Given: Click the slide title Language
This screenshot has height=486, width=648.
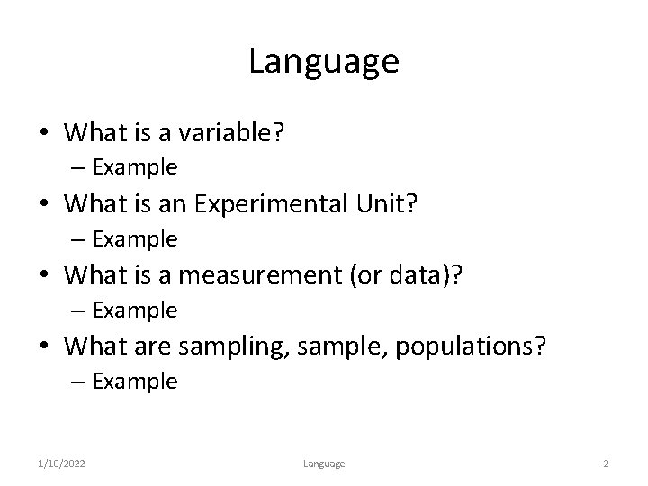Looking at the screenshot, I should tap(323, 62).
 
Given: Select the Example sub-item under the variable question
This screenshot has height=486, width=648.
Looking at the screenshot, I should tap(134, 167).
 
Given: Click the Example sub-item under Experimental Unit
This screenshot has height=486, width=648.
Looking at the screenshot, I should tap(134, 238).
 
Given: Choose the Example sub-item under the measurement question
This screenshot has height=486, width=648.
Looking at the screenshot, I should tap(134, 310).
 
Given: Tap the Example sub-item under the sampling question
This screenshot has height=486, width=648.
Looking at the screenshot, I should tap(134, 382).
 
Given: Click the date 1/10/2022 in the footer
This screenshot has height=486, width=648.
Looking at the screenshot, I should tap(63, 463).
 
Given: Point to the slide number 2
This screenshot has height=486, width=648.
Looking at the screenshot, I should tap(606, 463).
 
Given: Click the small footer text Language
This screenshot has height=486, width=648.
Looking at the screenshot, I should tap(323, 463).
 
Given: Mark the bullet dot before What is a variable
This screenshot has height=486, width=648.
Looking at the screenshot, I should tap(44, 133).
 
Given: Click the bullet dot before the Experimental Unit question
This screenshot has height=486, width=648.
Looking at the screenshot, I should tap(44, 204).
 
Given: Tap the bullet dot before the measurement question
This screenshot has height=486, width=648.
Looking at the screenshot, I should tap(44, 275).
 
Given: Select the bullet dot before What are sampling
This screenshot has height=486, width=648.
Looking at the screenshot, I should tap(44, 346).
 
